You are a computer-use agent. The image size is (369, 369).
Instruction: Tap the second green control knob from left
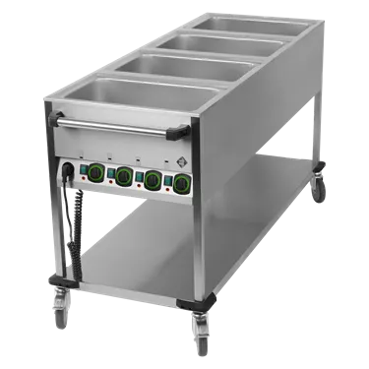[x=125, y=175]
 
